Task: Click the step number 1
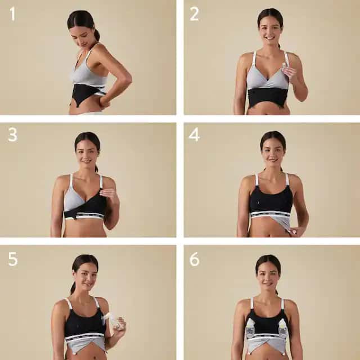coord(12,13)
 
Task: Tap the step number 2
coord(193,13)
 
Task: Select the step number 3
coord(12,136)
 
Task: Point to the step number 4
coord(194,136)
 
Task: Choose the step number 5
coord(12,259)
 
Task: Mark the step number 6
coord(194,259)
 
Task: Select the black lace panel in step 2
coord(268,97)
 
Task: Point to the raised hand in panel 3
coord(108,195)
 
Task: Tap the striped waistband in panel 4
coord(270,214)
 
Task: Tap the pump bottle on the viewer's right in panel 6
coord(283,328)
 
